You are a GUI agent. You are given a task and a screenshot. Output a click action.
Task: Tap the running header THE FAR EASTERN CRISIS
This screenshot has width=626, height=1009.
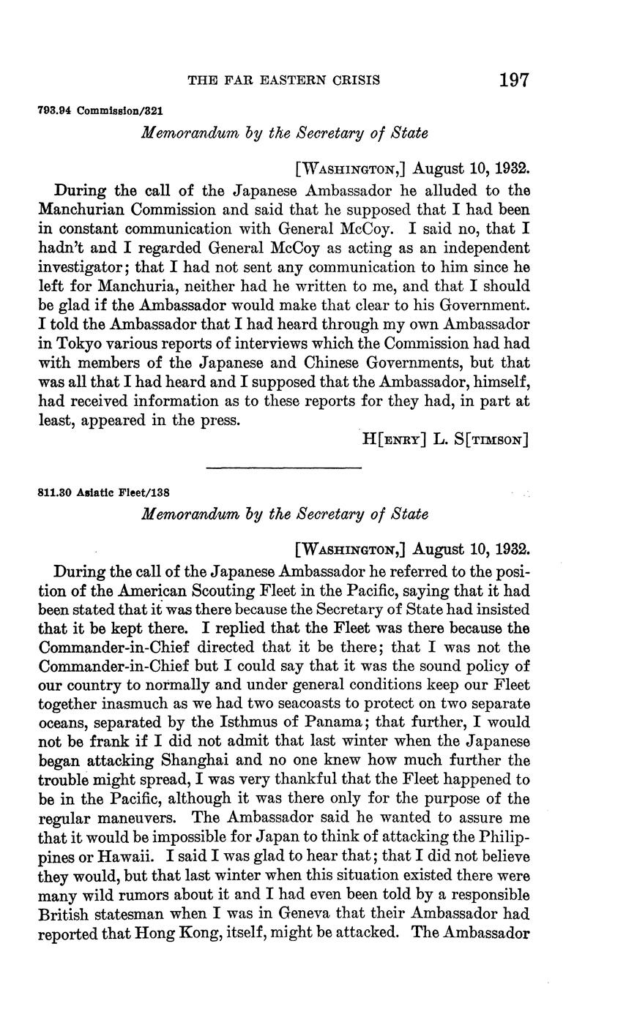(284, 80)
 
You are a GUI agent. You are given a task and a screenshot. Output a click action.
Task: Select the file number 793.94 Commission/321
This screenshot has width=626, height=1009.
(100, 111)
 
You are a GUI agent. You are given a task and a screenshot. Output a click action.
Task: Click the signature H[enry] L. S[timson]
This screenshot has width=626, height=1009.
(445, 439)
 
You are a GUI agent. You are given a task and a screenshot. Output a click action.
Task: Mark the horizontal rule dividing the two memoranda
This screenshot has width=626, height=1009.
(284, 468)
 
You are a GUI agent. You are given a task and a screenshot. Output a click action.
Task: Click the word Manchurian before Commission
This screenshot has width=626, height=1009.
(81, 210)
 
